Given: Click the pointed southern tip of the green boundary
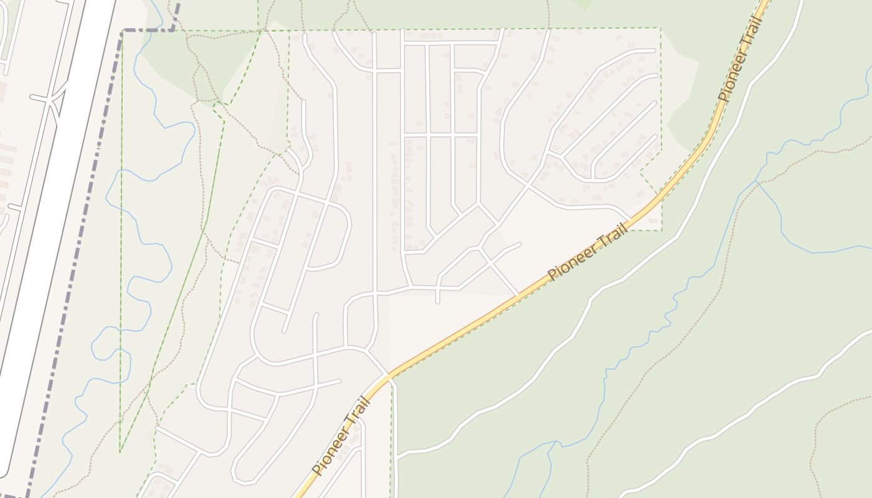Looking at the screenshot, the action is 120,451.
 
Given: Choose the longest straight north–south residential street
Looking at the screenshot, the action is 374,187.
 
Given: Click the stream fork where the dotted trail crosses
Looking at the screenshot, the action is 757,182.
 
